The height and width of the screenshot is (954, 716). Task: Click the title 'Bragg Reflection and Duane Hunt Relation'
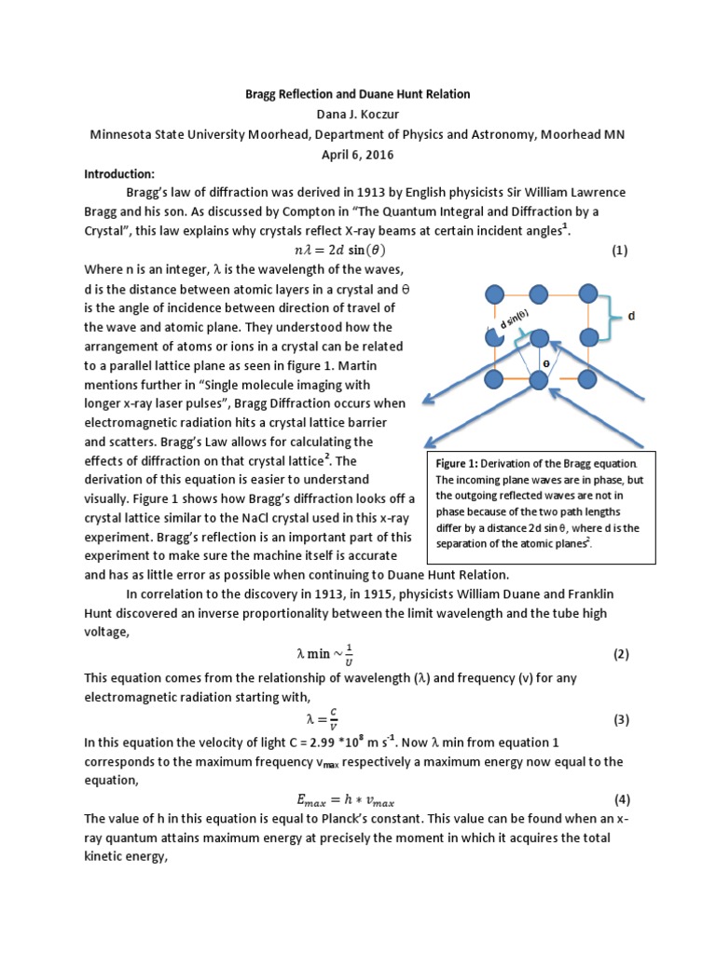(x=358, y=94)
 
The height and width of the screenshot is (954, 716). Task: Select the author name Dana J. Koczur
(x=358, y=114)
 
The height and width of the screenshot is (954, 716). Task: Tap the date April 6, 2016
(x=358, y=154)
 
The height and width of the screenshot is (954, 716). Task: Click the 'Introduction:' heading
(x=118, y=173)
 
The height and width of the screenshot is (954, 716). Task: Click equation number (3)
(x=621, y=719)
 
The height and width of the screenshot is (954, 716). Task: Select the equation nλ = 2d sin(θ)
(x=358, y=251)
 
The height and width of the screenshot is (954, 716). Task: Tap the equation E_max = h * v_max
(x=358, y=799)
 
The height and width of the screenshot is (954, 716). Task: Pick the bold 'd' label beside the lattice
(x=631, y=317)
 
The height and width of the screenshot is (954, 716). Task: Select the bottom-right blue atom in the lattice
(x=587, y=379)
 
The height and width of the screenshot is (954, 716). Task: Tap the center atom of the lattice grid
(x=539, y=337)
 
